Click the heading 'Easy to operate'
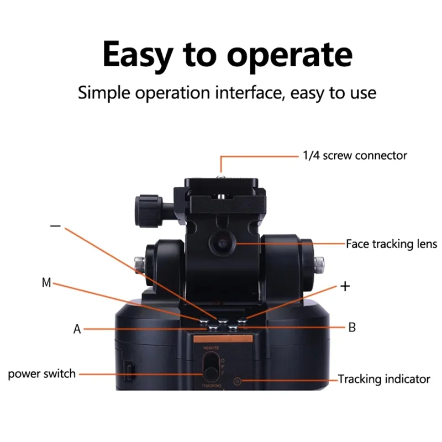tap(227, 55)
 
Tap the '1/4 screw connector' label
tap(354, 155)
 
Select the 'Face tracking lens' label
tap(391, 244)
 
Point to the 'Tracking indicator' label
tap(384, 379)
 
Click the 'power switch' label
tap(41, 374)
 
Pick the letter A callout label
tap(77, 329)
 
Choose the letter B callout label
tap(352, 327)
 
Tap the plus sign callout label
tap(345, 286)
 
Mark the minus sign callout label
tap(55, 227)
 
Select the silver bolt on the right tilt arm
tap(320, 264)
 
